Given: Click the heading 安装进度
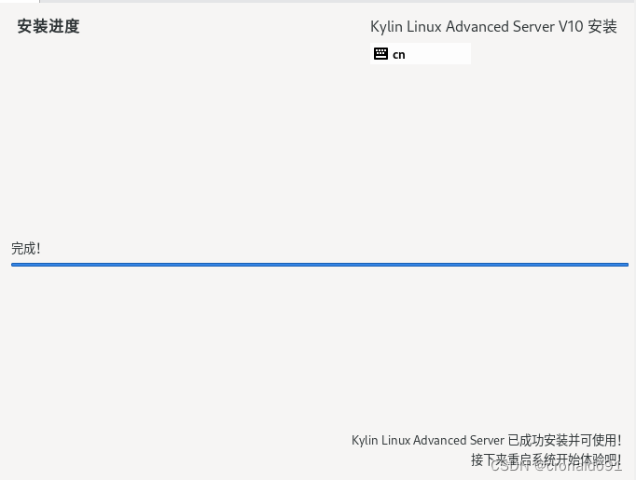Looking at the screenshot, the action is (x=48, y=26).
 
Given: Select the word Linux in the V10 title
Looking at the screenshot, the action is (x=424, y=27).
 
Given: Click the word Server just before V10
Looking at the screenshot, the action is (x=533, y=27).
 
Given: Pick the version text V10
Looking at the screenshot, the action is (x=571, y=27).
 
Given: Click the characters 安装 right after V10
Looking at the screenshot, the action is (x=602, y=27).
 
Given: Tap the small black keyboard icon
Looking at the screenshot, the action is (x=380, y=54).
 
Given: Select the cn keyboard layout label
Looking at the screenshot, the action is (x=399, y=54).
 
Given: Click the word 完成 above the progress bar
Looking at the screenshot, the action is (x=22, y=248).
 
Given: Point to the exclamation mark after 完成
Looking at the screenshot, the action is (x=37, y=248).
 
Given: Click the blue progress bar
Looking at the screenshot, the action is (x=319, y=265).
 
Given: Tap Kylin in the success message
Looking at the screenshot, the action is (x=365, y=440).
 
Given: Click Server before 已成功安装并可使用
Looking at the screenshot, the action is (x=485, y=440).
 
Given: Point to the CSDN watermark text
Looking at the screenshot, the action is (x=509, y=465).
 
